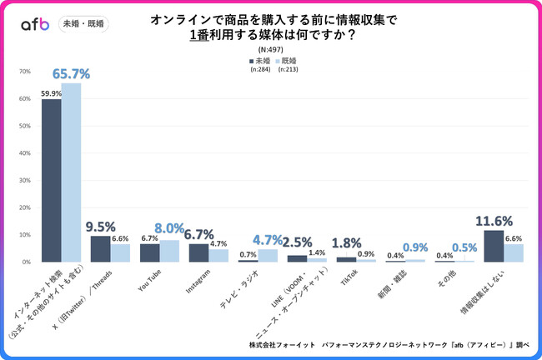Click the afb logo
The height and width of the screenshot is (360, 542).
[36, 24]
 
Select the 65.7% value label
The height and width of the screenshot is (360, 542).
[71, 74]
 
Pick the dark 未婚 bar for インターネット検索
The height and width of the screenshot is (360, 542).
[52, 180]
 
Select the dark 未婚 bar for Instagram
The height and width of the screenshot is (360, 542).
[198, 252]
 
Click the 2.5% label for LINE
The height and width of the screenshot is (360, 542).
[296, 242]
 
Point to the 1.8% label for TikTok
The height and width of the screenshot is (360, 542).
[345, 244]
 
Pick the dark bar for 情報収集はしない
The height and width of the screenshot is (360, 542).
[493, 246]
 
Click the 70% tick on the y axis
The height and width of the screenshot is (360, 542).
[25, 72]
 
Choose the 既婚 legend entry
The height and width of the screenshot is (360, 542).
[286, 61]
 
